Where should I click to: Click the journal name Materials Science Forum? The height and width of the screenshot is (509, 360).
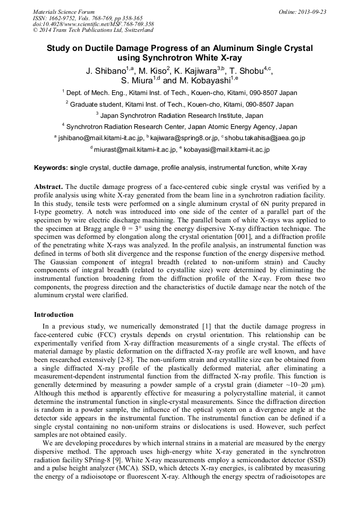click(64, 12)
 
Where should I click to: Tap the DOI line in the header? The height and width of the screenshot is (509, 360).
click(93, 24)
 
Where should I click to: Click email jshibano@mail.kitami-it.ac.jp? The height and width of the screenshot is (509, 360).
click(100, 138)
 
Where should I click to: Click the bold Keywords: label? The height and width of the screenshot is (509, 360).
click(52, 168)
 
